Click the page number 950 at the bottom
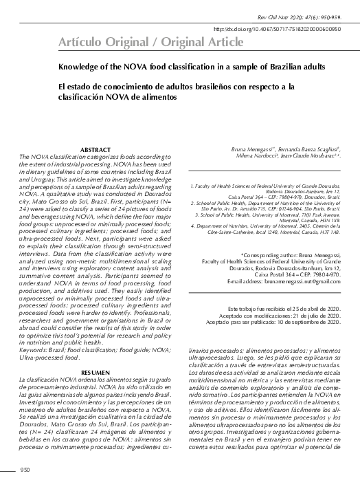pyautogui.click(x=25, y=470)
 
